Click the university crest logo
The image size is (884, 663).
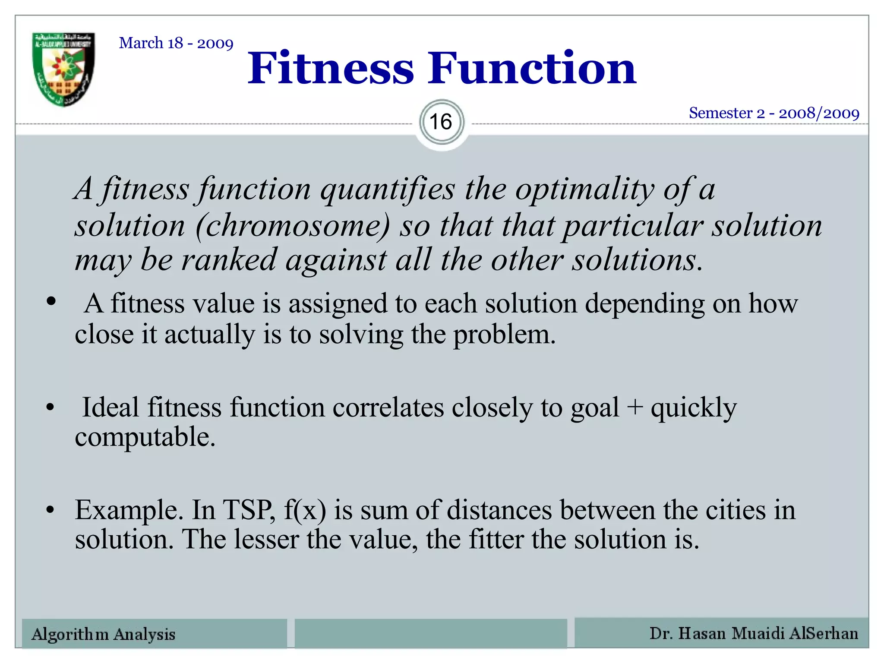point(63,69)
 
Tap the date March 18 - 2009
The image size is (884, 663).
point(176,43)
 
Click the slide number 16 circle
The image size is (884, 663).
point(441,122)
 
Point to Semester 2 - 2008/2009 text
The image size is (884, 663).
point(774,113)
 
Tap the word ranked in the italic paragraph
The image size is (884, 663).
point(228,260)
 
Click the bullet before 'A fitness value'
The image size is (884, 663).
point(51,301)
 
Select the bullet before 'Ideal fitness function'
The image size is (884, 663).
point(51,407)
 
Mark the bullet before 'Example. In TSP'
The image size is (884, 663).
point(51,510)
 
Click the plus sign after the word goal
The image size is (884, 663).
point(635,407)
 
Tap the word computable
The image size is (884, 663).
point(145,437)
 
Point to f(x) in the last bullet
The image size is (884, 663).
point(305,510)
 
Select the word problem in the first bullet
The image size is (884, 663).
point(504,335)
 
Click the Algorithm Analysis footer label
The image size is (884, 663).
point(104,634)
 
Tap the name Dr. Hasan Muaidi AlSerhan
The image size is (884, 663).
point(754,633)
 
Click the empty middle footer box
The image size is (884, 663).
point(431,633)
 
